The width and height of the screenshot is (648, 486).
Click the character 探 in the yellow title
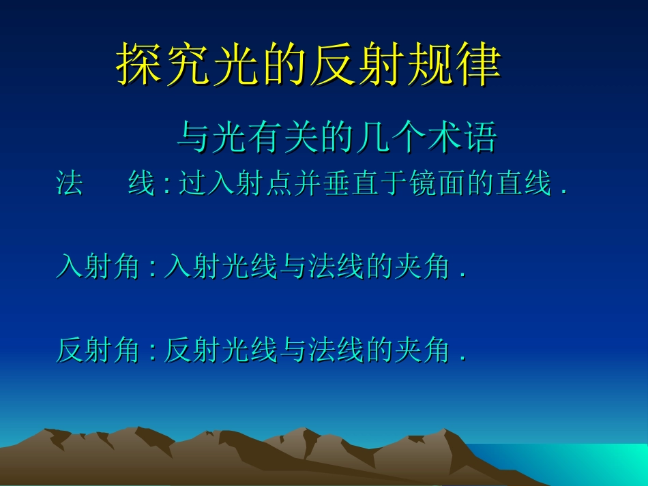139,65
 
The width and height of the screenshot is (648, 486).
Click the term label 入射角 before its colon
98,267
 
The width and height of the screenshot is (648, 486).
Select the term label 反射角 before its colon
98,350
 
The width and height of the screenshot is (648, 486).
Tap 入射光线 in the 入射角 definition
221,267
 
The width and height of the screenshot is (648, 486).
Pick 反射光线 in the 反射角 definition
221,350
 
